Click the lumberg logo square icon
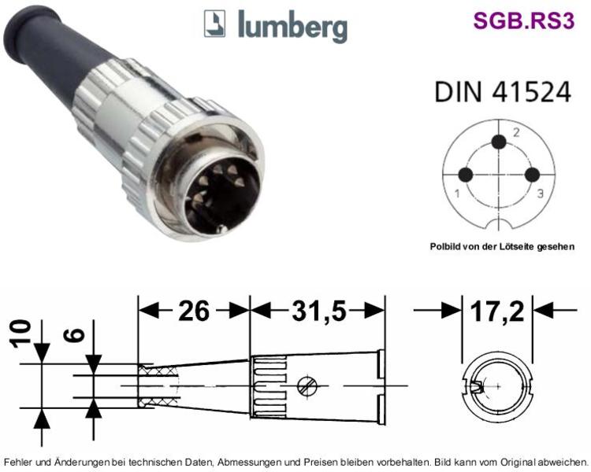tap(214, 24)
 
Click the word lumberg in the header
tap(292, 26)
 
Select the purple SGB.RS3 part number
tap(524, 20)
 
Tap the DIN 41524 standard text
tap(503, 92)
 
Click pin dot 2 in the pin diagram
tap(499, 142)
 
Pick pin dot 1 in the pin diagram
tap(466, 175)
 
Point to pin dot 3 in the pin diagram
tap(532, 175)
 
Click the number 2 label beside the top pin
tap(516, 132)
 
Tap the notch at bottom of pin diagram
tap(499, 224)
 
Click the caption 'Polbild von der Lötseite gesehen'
tap(502, 246)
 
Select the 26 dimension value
tap(193, 311)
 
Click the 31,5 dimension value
tap(319, 311)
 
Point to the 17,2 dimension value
tap(497, 311)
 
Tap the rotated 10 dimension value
tap(20, 334)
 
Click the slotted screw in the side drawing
tap(307, 386)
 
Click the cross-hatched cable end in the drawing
tap(158, 386)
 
